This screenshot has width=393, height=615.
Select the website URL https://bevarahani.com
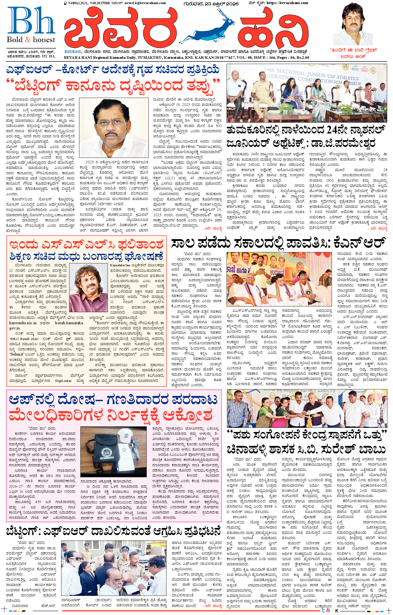287,3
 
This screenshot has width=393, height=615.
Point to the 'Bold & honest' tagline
31,40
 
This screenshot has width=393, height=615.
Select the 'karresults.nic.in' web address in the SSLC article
23,323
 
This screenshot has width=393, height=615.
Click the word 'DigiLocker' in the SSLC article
63,381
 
